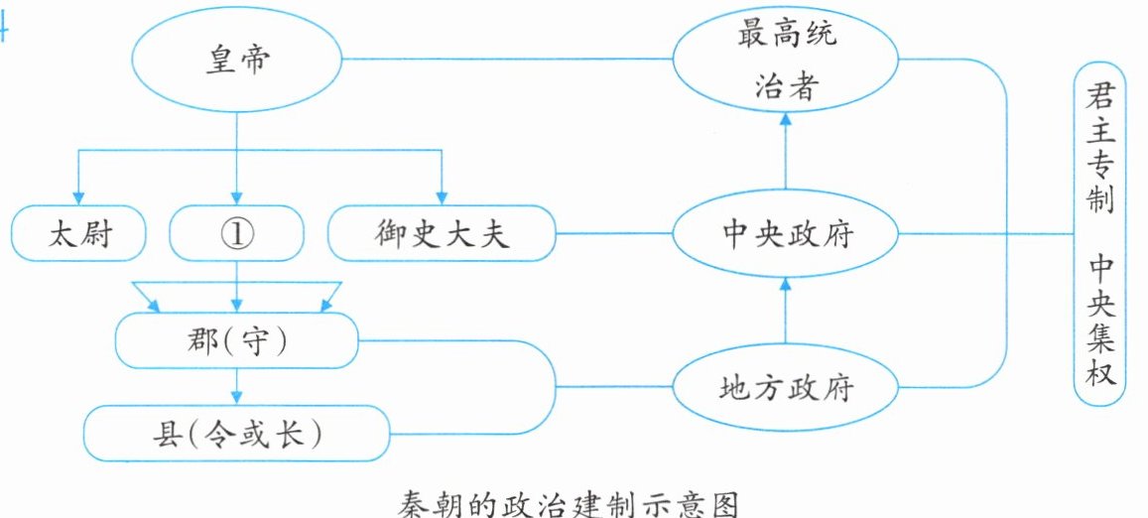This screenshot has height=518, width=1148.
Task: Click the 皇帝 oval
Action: pyautogui.click(x=236, y=60)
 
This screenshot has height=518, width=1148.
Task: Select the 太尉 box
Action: pyautogui.click(x=78, y=234)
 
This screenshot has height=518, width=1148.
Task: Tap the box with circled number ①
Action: pyautogui.click(x=236, y=234)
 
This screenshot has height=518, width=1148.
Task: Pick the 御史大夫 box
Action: pyautogui.click(x=442, y=234)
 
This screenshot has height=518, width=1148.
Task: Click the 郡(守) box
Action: pyautogui.click(x=236, y=340)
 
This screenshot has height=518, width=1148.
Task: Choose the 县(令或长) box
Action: pyautogui.click(x=236, y=434)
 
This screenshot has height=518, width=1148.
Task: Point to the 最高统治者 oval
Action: pyautogui.click(x=786, y=60)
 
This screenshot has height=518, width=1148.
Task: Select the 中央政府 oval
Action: pyautogui.click(x=786, y=234)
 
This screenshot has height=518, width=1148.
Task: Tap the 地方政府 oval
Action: pyautogui.click(x=786, y=387)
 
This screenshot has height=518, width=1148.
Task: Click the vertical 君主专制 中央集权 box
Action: pyautogui.click(x=1099, y=234)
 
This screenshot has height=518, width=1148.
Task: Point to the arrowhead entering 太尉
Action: pyautogui.click(x=78, y=198)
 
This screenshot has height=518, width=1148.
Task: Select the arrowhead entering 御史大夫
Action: pyautogui.click(x=442, y=198)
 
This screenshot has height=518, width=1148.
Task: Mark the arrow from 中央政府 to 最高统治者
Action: pyautogui.click(x=786, y=153)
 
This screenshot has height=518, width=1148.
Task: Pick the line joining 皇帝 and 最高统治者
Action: pyautogui.click(x=507, y=59)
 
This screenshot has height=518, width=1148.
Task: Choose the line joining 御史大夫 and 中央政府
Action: pyautogui.click(x=614, y=234)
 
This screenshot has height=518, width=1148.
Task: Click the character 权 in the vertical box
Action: pyautogui.click(x=1100, y=372)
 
